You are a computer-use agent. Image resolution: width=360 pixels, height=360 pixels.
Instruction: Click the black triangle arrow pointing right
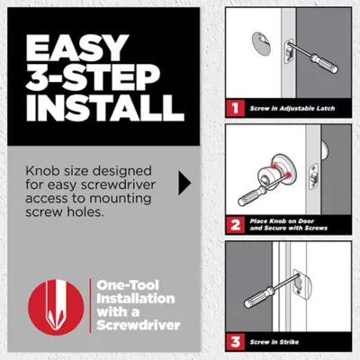point(184,184)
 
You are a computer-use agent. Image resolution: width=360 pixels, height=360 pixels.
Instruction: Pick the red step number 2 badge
point(235,225)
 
